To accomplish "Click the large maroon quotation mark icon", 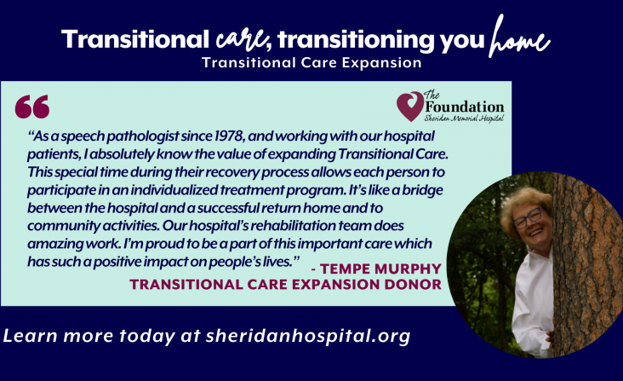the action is (32, 107).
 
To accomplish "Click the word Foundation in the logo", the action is (465, 107).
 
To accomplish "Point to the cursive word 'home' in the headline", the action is (519, 37).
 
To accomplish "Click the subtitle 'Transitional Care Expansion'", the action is (311, 63).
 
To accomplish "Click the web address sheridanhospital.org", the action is (308, 336).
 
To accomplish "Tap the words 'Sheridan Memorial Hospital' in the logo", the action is (464, 118).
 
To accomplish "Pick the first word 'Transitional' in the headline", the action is (135, 40).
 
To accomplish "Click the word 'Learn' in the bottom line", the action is (30, 336).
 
